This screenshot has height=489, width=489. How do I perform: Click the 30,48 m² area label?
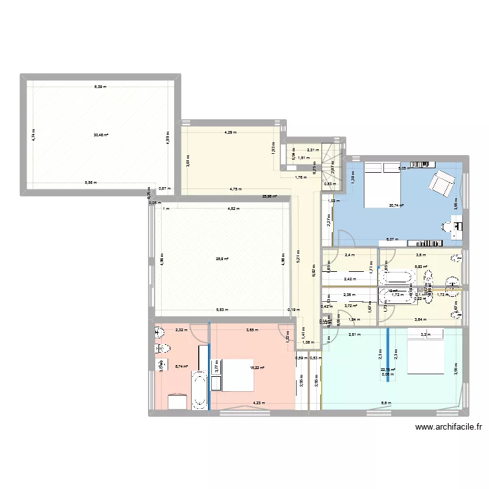tap(100, 136)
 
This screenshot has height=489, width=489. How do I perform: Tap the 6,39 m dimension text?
tap(100, 87)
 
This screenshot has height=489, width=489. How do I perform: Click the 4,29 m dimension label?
tap(230, 132)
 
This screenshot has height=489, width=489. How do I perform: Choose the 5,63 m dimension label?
tap(222, 310)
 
